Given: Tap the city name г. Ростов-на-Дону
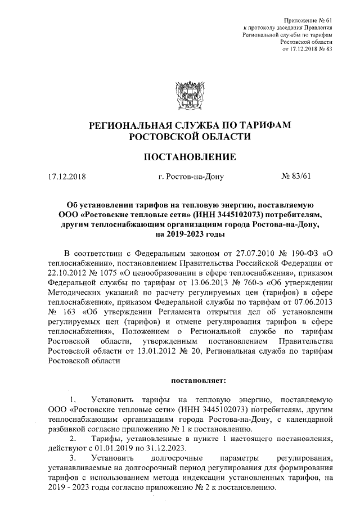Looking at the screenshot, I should (191, 177).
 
